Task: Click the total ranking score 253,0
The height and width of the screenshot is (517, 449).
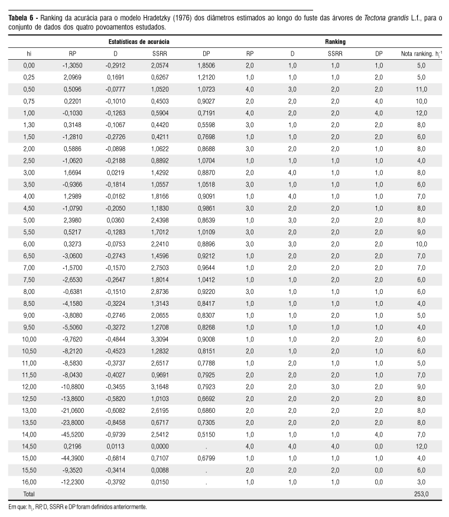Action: coord(421,493)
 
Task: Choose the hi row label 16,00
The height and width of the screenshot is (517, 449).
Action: coord(29,482)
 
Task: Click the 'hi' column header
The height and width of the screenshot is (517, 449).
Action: coord(29,54)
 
